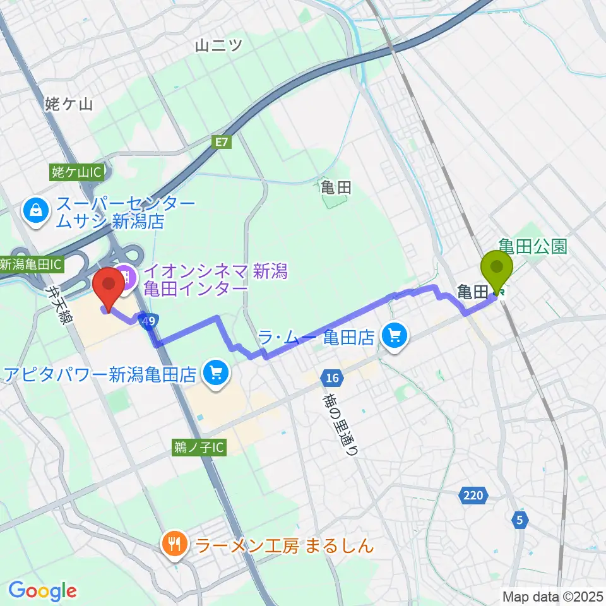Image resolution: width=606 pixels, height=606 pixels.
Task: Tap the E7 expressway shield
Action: (220, 143)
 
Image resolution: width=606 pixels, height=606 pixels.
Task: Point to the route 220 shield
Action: (473, 496)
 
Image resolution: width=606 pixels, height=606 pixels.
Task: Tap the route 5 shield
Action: (520, 520)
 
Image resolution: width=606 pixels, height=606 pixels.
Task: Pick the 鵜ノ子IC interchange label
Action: (198, 448)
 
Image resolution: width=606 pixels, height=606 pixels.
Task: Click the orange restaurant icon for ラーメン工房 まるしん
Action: (174, 544)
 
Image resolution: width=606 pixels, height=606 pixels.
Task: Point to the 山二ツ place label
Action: (219, 45)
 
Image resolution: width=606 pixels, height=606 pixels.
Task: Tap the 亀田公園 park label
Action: (533, 246)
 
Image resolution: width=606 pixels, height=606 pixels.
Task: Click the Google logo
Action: (42, 591)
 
